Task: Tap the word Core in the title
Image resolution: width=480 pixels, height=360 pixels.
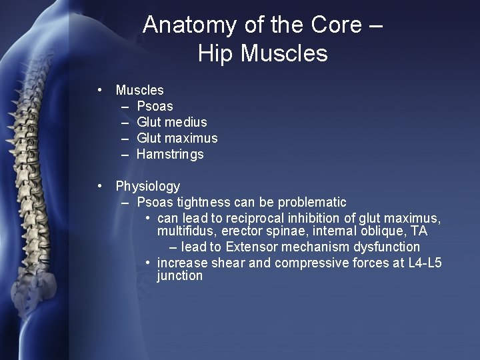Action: coord(337,25)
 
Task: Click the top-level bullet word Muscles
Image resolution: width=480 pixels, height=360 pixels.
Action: coord(139,90)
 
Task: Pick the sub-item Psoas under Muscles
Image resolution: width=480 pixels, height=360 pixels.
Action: coord(155,106)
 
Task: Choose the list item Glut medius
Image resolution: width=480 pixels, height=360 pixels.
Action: coord(171,122)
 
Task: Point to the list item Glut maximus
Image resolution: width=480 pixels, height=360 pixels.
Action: coord(177,138)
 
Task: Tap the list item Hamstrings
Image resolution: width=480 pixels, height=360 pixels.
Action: coord(170,154)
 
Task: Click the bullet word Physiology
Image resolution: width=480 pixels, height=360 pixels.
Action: coord(147,186)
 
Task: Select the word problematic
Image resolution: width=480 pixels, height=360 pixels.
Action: coord(312,202)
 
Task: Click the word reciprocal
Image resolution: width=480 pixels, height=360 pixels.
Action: coord(257,219)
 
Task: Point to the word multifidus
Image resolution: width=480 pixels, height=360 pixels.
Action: coord(183,231)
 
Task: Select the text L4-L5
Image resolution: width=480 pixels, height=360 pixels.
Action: coord(425,263)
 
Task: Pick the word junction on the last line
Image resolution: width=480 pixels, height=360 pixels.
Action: coord(180,275)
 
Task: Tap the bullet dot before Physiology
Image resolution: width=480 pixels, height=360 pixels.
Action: coord(99,186)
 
